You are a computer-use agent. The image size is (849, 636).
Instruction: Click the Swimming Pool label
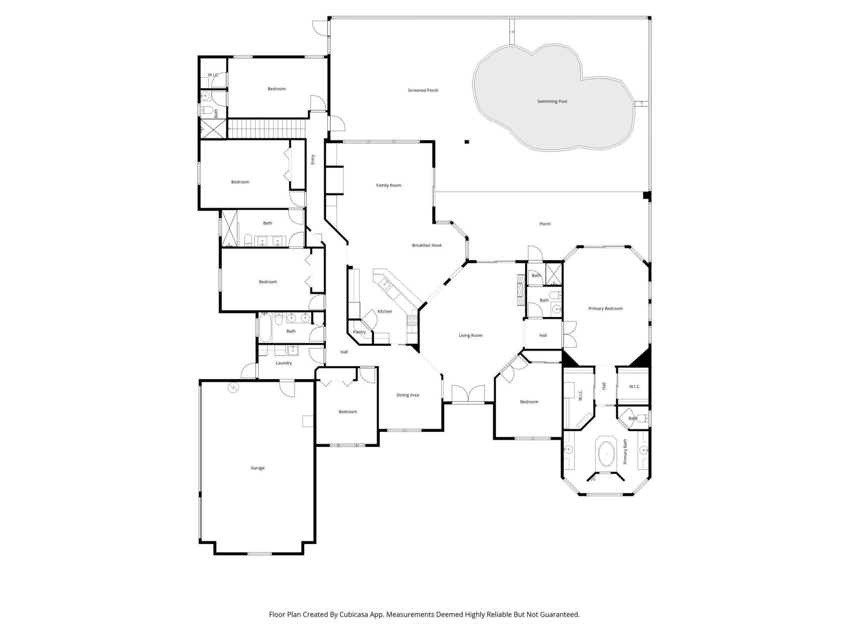click(x=552, y=102)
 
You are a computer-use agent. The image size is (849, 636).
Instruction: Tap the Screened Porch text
click(x=423, y=91)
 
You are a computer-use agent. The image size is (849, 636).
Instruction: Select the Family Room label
click(x=388, y=185)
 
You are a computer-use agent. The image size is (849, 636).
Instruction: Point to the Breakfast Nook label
click(x=427, y=246)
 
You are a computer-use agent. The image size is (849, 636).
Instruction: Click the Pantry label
click(x=359, y=332)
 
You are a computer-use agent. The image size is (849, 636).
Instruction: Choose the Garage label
click(x=257, y=468)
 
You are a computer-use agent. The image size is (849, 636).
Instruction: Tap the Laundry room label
click(x=283, y=363)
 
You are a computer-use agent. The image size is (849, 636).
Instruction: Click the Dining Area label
click(x=407, y=395)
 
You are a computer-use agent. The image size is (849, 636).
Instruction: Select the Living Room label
click(x=470, y=336)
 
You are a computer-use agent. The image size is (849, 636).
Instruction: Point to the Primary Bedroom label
click(x=605, y=309)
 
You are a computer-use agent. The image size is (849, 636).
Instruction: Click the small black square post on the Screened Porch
click(x=467, y=142)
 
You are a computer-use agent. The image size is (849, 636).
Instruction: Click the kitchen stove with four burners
click(x=412, y=320)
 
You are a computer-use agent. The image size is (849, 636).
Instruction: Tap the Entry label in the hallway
click(x=313, y=159)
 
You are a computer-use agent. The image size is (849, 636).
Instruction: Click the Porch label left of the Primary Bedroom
click(x=545, y=224)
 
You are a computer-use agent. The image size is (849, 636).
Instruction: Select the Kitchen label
click(x=384, y=312)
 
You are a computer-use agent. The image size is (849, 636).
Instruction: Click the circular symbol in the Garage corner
click(x=233, y=388)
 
